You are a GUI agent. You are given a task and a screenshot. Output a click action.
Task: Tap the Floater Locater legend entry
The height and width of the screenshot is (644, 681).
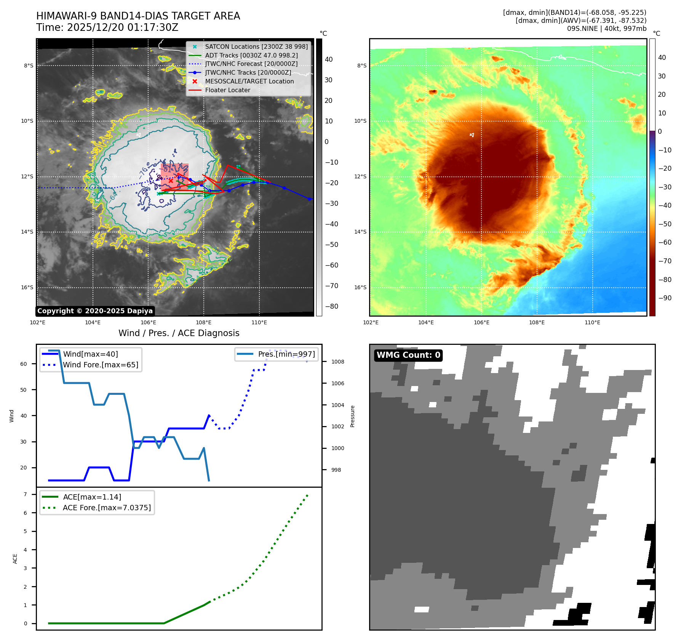pyautogui.click(x=227, y=90)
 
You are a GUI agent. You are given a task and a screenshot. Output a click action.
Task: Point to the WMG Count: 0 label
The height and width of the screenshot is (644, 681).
pyautogui.click(x=408, y=355)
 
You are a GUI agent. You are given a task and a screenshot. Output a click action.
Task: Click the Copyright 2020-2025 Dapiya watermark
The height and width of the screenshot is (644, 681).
pyautogui.click(x=95, y=311)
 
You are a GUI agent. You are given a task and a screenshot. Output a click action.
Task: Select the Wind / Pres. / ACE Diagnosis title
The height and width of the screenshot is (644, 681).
pyautogui.click(x=179, y=333)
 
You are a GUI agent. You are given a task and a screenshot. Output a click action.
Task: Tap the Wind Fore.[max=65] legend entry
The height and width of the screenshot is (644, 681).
pyautogui.click(x=101, y=365)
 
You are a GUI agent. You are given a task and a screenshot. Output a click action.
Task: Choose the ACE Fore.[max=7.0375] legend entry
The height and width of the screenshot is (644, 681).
pyautogui.click(x=107, y=508)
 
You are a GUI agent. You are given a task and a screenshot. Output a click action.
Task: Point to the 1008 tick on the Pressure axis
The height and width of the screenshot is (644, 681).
pyautogui.click(x=337, y=362)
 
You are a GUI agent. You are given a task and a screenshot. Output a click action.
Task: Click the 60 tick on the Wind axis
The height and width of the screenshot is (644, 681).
pyautogui.click(x=24, y=364)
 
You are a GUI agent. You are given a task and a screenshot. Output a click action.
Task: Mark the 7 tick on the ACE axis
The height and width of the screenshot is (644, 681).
pyautogui.click(x=25, y=494)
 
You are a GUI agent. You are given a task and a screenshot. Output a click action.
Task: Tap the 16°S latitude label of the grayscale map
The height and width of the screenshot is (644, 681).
pyautogui.click(x=27, y=287)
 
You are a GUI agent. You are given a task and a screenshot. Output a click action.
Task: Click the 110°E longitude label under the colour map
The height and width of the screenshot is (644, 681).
pyautogui.click(x=592, y=322)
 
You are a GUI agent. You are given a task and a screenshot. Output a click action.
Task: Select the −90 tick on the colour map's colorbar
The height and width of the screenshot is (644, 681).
pyautogui.click(x=665, y=298)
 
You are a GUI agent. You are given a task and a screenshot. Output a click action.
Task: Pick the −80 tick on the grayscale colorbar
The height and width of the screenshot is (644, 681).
pyautogui.click(x=331, y=306)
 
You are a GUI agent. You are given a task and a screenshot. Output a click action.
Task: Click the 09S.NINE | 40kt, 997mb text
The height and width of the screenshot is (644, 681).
pyautogui.click(x=606, y=29)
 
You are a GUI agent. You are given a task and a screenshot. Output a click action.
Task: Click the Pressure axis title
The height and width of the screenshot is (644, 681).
pyautogui.click(x=352, y=416)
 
